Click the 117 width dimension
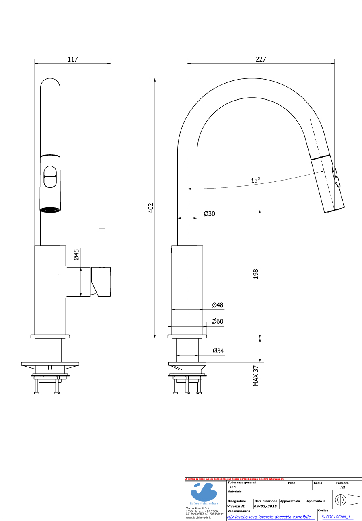tap(72, 59)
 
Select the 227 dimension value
tap(261, 59)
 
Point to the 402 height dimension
tap(151, 208)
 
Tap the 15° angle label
tap(256, 180)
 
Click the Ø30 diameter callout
tap(209, 214)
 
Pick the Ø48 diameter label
tap(218, 305)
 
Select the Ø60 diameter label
tap(218, 322)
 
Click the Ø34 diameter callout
tap(218, 351)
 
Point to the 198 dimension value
tap(255, 274)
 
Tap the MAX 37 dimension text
tap(255, 376)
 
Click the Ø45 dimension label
tap(76, 255)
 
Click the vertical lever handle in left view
tap(102, 247)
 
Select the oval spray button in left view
tap(50, 176)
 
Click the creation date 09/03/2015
tap(265, 507)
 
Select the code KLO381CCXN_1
tap(336, 517)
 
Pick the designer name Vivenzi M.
tap(236, 507)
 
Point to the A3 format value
tap(343, 487)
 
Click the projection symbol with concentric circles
tap(340, 500)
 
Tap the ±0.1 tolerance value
tap(232, 487)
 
